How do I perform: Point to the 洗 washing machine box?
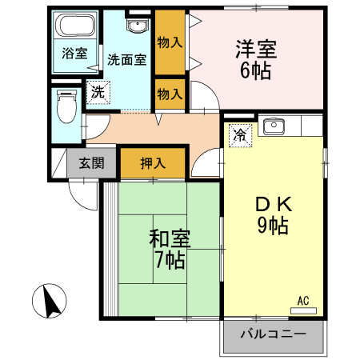click(97, 91)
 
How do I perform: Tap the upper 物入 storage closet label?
click(170, 42)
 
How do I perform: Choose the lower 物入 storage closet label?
click(170, 94)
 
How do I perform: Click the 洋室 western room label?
click(256, 47)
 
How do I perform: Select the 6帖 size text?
click(256, 70)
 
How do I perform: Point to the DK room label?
click(272, 204)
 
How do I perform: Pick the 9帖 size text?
click(272, 226)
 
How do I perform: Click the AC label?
click(303, 300)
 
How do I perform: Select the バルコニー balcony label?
click(273, 334)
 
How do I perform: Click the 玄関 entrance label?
click(90, 164)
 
